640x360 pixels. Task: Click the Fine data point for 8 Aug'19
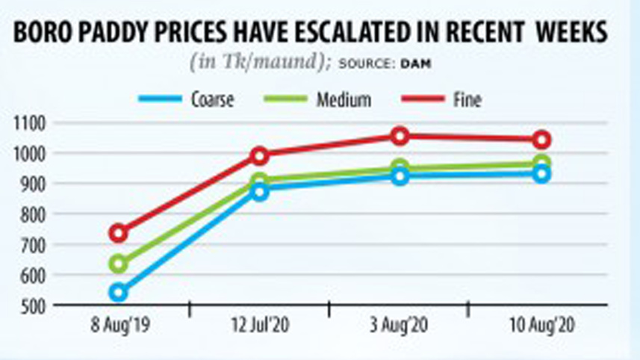[x=118, y=233]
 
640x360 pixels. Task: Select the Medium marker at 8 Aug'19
[x=118, y=264]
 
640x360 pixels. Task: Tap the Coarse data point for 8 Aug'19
[x=118, y=292]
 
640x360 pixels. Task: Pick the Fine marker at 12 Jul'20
[x=259, y=155]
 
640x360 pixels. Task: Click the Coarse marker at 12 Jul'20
[x=259, y=192]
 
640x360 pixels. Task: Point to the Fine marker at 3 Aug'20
[x=400, y=136]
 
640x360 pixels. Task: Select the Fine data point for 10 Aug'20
[x=542, y=140]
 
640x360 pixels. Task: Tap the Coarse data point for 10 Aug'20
[x=542, y=174]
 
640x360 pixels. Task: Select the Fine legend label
[x=467, y=99]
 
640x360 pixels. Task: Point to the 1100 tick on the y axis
[x=28, y=122]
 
